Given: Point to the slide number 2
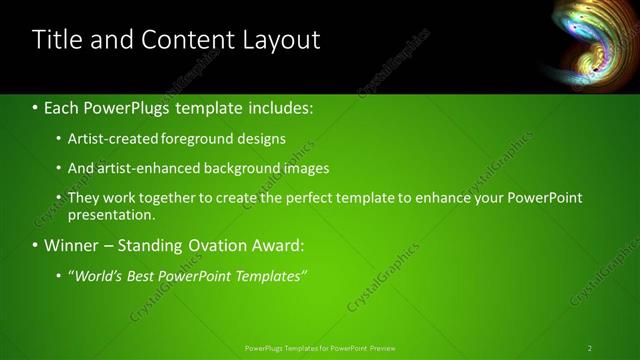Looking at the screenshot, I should coord(590,348).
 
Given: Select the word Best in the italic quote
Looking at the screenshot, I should coord(145,275).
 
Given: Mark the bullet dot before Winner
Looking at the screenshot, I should coord(35,245).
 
